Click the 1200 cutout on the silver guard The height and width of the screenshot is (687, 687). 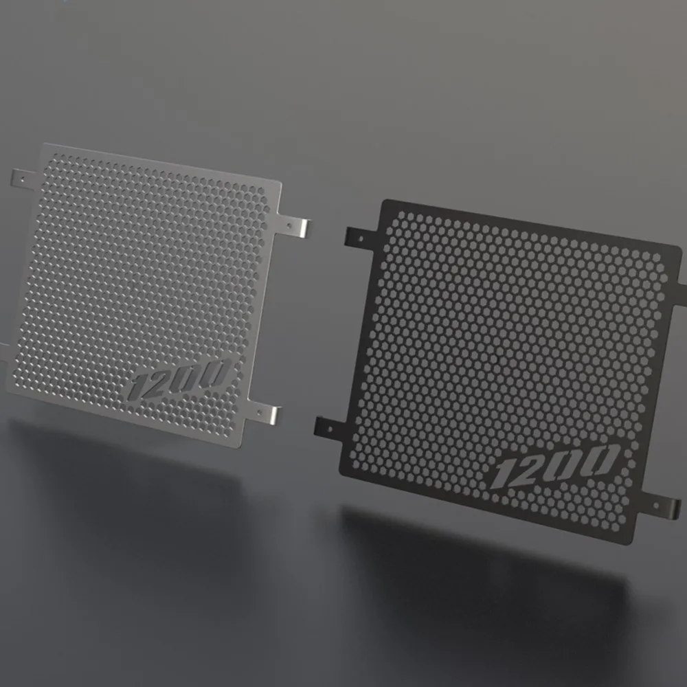pyautogui.click(x=179, y=379)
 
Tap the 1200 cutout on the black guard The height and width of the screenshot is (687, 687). pyautogui.click(x=554, y=466)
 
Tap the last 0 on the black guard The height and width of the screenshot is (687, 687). pyautogui.click(x=602, y=459)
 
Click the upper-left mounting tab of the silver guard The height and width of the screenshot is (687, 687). pyautogui.click(x=23, y=180)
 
